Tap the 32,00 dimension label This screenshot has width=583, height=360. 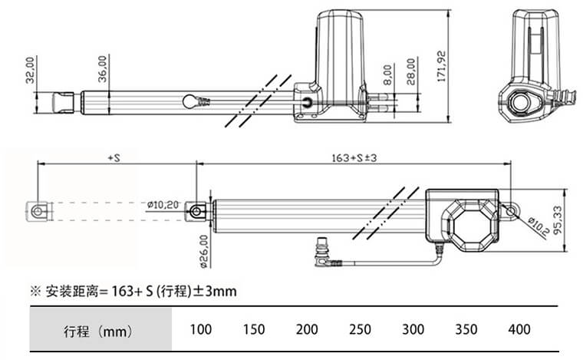tap(30, 70)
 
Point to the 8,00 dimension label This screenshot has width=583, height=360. tap(387, 74)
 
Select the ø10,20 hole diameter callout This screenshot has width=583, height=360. tap(162, 205)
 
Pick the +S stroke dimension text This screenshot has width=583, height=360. tap(115, 158)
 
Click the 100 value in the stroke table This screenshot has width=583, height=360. tap(200, 330)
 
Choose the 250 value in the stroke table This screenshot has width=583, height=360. tap(359, 330)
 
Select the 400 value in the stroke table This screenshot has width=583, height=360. tap(519, 330)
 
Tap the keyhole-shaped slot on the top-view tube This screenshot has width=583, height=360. tap(193, 101)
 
